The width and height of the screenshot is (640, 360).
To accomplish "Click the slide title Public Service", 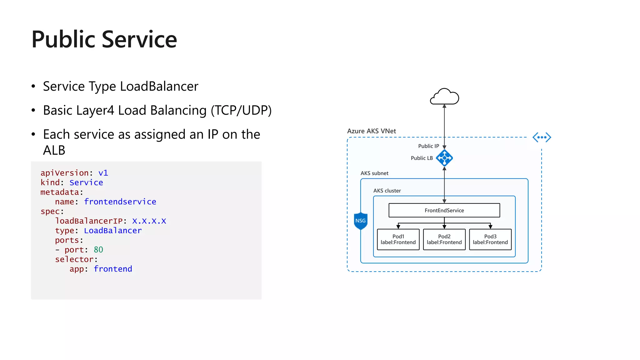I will [x=104, y=40].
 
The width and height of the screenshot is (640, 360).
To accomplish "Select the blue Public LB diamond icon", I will [x=444, y=158].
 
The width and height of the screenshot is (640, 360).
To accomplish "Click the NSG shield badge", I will [x=360, y=221].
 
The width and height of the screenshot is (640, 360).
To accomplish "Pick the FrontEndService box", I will [x=444, y=210].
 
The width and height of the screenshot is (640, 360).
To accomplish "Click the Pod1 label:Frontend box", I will [x=398, y=239].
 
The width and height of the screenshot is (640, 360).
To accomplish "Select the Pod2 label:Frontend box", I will [x=444, y=239].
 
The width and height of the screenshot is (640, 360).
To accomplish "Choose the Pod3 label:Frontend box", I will [x=490, y=239].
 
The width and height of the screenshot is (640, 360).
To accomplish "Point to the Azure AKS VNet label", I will [x=371, y=131].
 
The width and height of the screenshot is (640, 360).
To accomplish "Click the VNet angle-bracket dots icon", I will [x=542, y=137].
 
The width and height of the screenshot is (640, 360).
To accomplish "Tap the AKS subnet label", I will [x=374, y=173].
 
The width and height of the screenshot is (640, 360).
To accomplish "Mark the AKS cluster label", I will [x=387, y=191].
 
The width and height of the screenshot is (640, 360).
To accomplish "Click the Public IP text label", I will [x=428, y=146].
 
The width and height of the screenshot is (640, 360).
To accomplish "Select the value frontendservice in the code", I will [x=120, y=202].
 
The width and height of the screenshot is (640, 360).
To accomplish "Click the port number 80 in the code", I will [x=98, y=250].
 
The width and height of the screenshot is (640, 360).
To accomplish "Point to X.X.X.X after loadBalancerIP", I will [x=149, y=221].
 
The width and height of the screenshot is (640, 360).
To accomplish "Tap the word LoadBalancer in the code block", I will [x=113, y=231].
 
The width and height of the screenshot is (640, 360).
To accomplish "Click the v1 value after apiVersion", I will [x=103, y=173].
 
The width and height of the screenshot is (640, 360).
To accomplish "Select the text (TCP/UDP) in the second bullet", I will [x=241, y=110].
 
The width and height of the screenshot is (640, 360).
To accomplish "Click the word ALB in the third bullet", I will [x=54, y=150].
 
